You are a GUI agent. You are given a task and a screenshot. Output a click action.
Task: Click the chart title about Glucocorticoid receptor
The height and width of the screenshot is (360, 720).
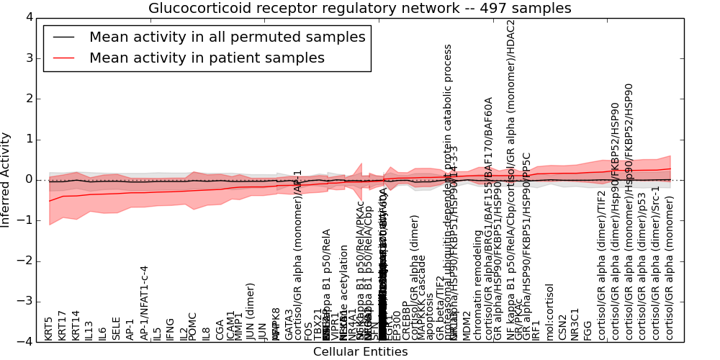360,8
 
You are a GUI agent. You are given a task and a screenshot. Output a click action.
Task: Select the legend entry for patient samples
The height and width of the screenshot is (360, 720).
207,58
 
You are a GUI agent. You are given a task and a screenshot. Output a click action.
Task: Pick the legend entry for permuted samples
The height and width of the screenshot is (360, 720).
228,37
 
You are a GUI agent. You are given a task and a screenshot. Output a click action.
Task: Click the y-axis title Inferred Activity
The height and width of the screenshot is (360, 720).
6,180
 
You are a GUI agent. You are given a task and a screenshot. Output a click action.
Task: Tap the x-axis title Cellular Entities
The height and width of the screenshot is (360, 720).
360,352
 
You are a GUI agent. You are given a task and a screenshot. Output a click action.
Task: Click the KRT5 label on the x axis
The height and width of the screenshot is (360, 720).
49,328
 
